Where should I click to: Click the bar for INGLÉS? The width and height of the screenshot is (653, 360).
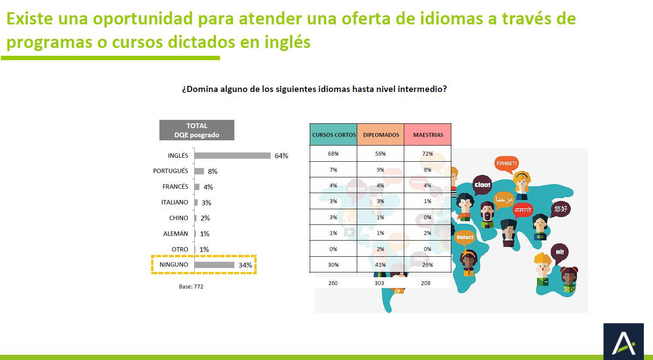233,156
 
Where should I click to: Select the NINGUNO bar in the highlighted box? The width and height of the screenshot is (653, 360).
214,265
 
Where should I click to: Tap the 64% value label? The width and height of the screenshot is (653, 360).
281,156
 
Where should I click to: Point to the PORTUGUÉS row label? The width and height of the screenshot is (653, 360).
170,171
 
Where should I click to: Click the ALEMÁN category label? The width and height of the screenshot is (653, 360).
176,234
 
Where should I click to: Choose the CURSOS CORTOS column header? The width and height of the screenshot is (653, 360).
334,135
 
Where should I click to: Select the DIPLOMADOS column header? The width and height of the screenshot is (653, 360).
381,135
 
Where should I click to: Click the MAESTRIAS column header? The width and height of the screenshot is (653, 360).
428,135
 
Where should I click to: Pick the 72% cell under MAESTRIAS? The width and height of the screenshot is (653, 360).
427,153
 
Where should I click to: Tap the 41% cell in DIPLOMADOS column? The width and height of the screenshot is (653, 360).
380,265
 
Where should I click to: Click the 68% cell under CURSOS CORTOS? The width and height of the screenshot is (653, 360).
333,153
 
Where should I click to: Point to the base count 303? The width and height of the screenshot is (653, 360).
379,283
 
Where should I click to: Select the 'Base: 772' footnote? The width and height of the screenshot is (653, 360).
191,286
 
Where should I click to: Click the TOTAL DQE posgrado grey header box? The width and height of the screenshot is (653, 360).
197,130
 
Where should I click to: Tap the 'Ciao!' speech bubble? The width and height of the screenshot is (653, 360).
482,185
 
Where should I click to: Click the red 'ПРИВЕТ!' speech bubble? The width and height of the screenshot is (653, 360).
507,164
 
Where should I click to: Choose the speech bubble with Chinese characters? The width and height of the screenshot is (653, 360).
561,209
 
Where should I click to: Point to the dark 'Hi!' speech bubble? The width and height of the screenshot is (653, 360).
560,252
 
